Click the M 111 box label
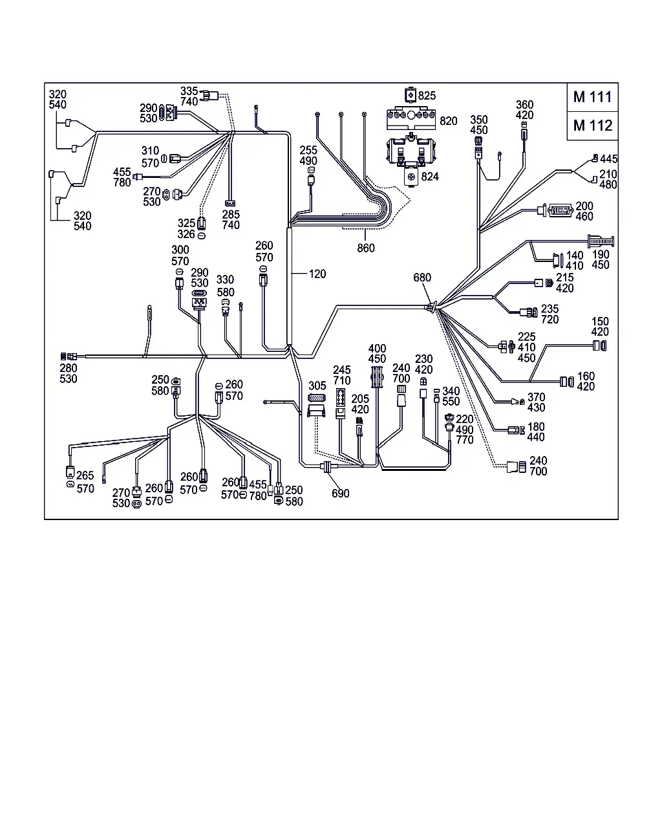pyautogui.click(x=592, y=97)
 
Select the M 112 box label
pyautogui.click(x=592, y=125)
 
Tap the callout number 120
pyautogui.click(x=317, y=274)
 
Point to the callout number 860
pyautogui.click(x=365, y=248)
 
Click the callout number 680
pyautogui.click(x=422, y=278)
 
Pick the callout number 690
pyautogui.click(x=341, y=494)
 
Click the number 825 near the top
pyautogui.click(x=427, y=96)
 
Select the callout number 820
pyautogui.click(x=449, y=121)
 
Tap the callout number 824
pyautogui.click(x=430, y=177)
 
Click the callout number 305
pyautogui.click(x=317, y=386)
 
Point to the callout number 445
pyautogui.click(x=608, y=159)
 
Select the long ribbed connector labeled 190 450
pyautogui.click(x=601, y=241)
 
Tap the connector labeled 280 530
pyautogui.click(x=69, y=356)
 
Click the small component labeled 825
pyautogui.click(x=411, y=94)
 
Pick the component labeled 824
pyautogui.click(x=411, y=177)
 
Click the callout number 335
pyautogui.click(x=189, y=91)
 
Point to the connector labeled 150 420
pyautogui.click(x=599, y=345)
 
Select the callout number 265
pyautogui.click(x=85, y=475)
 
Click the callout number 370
pyautogui.click(x=536, y=397)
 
